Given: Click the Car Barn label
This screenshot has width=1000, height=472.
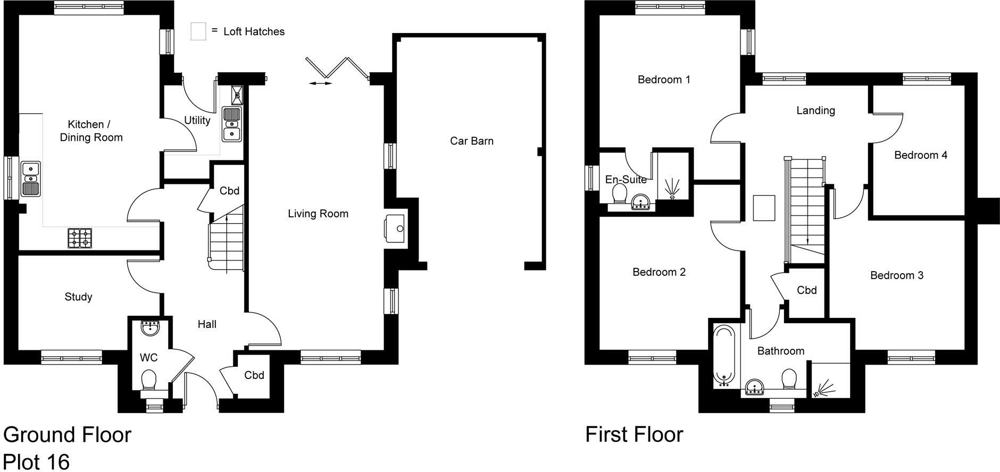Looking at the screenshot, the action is [471, 141].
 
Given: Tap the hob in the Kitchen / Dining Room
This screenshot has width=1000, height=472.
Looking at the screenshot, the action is [79, 238].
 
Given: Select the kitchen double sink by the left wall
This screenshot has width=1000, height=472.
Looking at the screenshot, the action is [31, 179].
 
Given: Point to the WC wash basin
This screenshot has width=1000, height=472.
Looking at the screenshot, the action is [151, 327].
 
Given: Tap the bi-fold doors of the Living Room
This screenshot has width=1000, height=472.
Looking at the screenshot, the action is [335, 69].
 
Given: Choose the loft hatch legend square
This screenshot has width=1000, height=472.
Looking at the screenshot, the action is [198, 31].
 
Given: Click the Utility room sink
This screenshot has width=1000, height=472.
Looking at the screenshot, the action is [232, 124].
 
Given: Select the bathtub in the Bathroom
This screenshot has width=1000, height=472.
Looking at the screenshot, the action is [724, 356].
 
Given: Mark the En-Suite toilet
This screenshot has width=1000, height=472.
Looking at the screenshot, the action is [619, 193].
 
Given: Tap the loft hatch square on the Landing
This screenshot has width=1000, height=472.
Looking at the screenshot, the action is [764, 208].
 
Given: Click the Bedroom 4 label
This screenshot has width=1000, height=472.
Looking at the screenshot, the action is [920, 155].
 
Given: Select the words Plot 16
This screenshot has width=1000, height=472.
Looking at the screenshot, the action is [36, 461].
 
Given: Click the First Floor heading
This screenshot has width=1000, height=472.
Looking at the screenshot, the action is [634, 434].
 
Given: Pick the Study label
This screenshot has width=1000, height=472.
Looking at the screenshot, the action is [78, 297].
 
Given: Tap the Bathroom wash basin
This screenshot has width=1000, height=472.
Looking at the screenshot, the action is [755, 387].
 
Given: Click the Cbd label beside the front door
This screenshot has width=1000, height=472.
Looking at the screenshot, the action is [254, 375].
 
